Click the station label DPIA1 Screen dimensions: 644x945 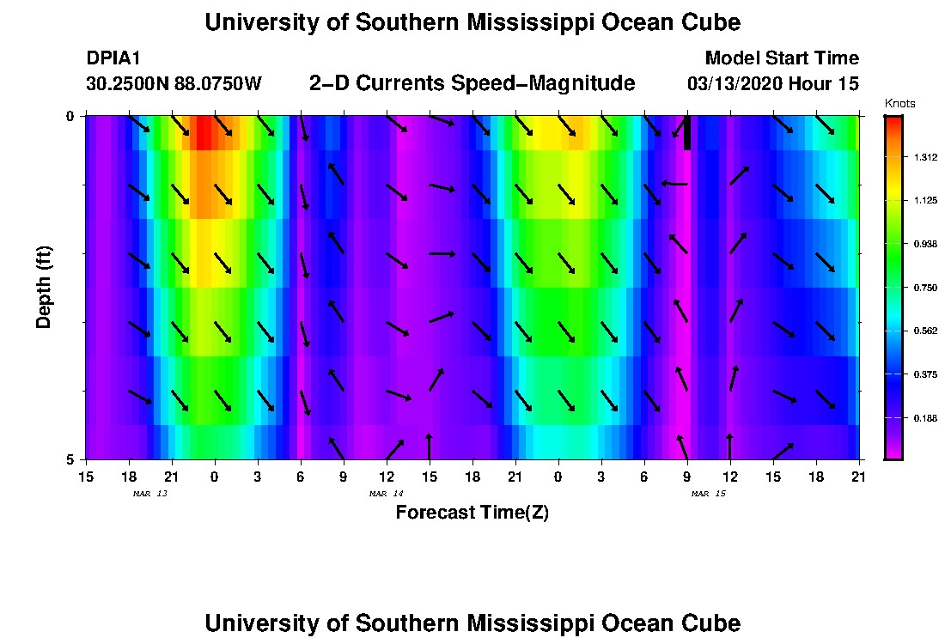(x=113, y=58)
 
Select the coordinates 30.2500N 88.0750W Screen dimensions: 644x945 (x=174, y=84)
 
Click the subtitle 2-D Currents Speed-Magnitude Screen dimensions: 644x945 (x=472, y=83)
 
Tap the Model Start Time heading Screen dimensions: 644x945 (x=781, y=58)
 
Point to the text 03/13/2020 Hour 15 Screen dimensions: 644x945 (x=772, y=84)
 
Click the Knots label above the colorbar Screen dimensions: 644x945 (x=899, y=104)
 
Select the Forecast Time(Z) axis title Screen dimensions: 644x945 (x=472, y=513)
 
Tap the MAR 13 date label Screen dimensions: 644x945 (x=149, y=494)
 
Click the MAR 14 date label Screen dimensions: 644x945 (x=386, y=494)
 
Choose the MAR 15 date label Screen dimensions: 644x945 (x=708, y=494)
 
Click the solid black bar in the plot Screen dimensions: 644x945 (x=687, y=133)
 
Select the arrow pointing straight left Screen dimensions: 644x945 (x=674, y=183)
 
